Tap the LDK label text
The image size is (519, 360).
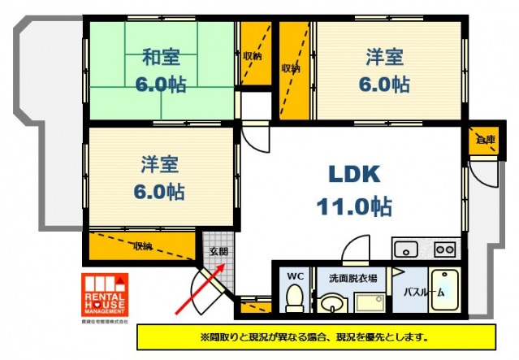click(x=353, y=174)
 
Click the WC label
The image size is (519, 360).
click(x=294, y=276)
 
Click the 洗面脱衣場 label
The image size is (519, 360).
click(x=352, y=278)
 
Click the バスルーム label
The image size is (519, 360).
click(x=424, y=291)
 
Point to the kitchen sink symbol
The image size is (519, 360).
click(x=404, y=248)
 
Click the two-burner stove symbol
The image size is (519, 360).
click(x=445, y=248)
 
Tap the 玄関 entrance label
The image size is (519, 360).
click(x=217, y=252)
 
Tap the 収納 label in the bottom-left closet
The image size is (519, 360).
click(x=143, y=245)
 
